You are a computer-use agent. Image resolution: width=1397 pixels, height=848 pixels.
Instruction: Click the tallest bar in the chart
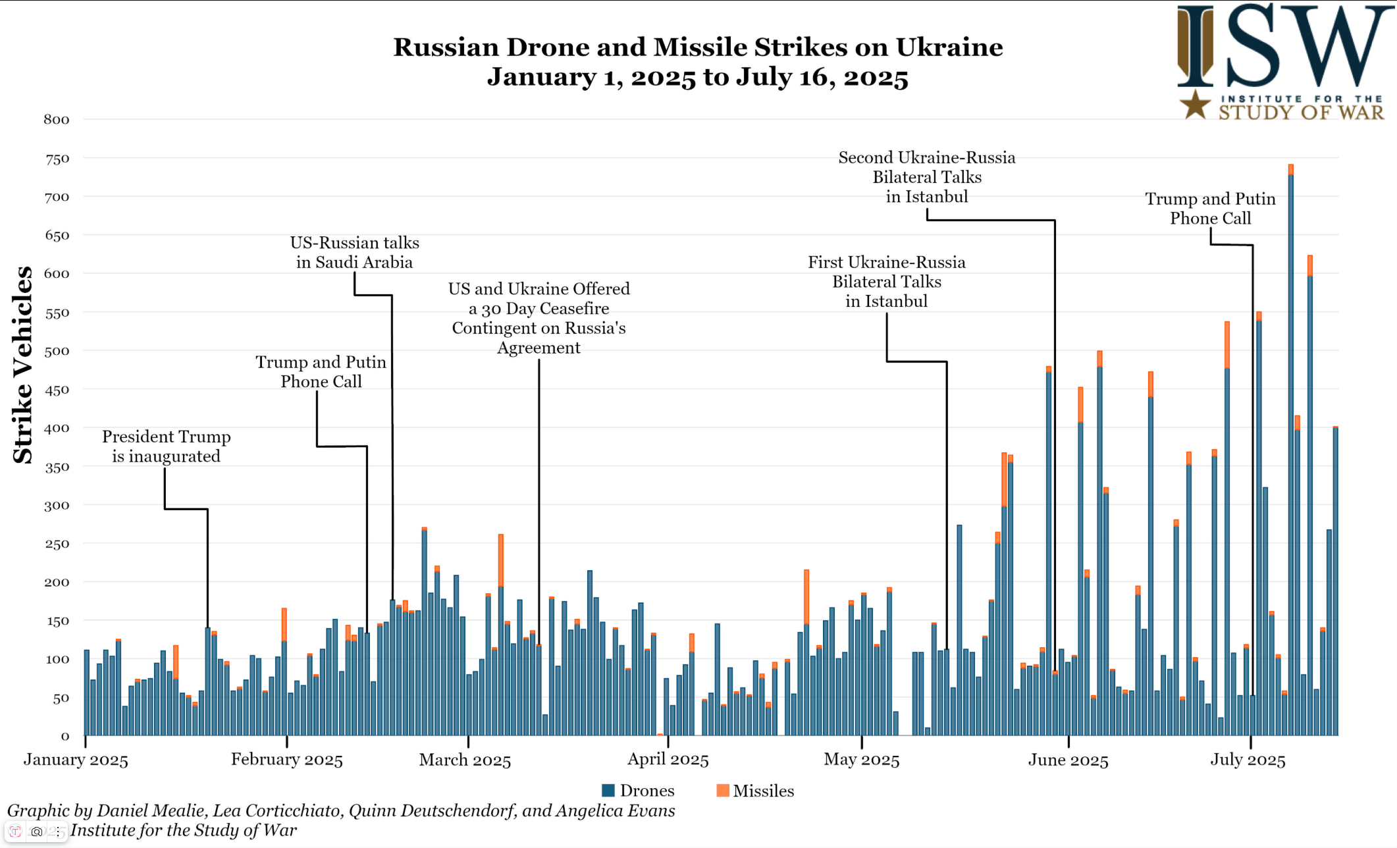1290,454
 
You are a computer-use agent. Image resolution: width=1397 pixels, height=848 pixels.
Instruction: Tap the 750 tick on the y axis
57,159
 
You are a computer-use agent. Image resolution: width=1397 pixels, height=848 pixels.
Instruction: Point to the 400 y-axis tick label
57,429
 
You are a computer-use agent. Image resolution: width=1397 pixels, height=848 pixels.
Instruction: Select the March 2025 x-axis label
465,760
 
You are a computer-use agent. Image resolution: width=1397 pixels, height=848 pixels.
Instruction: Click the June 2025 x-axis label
1068,760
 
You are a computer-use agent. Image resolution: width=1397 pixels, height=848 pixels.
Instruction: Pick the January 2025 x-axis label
76,760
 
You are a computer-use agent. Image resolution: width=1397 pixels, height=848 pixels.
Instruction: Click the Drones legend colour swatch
608,791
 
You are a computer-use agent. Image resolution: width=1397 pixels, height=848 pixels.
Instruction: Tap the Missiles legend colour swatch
722,791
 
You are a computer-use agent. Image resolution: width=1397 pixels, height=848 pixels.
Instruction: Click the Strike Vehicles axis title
23,365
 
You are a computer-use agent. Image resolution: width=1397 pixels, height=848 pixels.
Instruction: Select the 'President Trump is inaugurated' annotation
166,446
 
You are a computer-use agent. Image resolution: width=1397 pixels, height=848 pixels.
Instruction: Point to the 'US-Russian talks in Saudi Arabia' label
354,253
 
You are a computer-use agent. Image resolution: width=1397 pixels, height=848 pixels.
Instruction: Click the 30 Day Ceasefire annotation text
539,318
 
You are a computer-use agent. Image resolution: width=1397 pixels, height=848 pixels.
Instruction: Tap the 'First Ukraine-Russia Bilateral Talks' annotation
886,282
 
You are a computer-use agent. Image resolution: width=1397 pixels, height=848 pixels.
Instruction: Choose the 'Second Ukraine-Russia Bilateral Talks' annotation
926,177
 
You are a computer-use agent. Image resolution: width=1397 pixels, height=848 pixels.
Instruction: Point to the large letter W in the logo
1336,46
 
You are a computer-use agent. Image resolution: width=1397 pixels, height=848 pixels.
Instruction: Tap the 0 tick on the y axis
65,737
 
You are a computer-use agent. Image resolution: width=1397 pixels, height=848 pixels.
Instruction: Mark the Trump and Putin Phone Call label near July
1210,209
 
